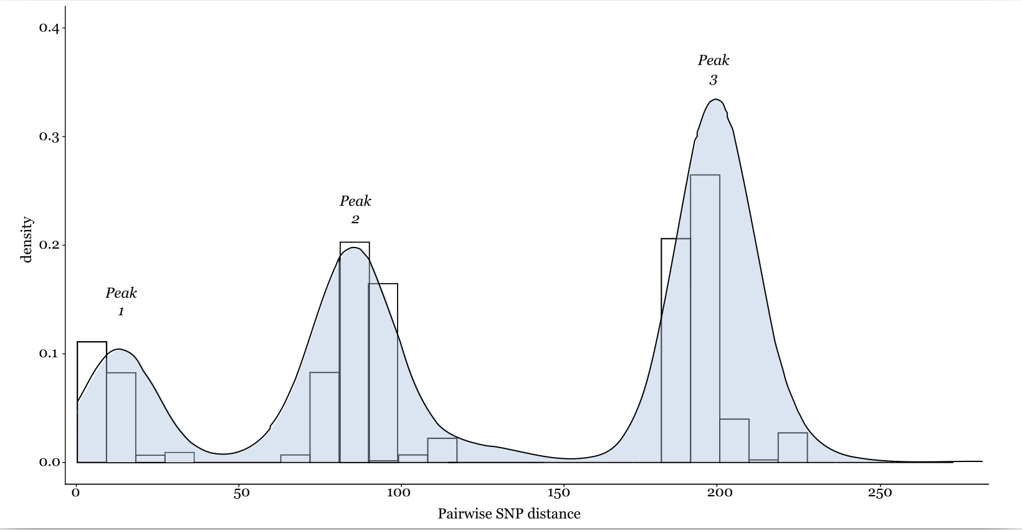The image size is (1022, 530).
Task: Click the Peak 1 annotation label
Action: point(121,301)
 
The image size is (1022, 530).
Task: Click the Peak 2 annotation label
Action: point(355,210)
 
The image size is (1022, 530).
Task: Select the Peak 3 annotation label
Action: point(714,69)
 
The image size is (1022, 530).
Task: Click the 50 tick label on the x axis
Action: point(241,493)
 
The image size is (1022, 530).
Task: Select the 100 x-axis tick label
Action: point(399,493)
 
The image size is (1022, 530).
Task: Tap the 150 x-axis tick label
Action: point(558,493)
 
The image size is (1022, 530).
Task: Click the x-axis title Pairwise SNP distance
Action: point(509,514)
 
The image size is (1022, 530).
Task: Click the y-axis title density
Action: point(27,239)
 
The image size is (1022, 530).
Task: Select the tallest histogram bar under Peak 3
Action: point(705,318)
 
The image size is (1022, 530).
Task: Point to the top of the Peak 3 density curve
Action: point(717,100)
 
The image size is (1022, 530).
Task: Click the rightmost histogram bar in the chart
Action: point(793,448)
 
